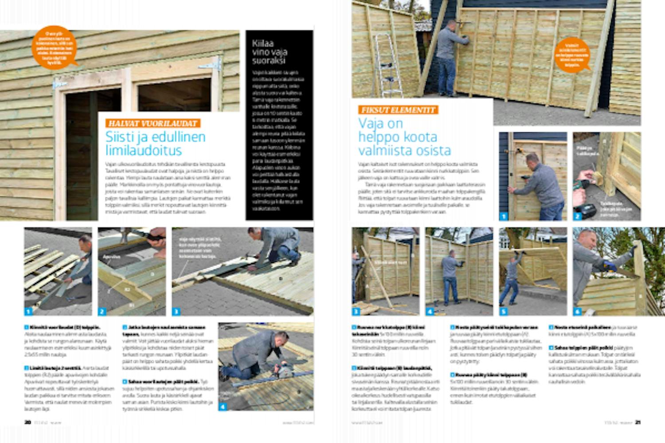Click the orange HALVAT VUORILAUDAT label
click(x=153, y=124)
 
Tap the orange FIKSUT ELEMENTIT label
click(x=398, y=110)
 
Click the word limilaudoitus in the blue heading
click(x=144, y=151)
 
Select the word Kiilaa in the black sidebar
click(x=263, y=43)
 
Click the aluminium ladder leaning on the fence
click(x=383, y=62)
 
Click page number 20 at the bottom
click(x=27, y=422)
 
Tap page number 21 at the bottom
click(x=638, y=422)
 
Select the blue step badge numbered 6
click(x=577, y=311)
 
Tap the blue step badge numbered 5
click(x=504, y=311)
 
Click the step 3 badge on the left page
click(x=176, y=311)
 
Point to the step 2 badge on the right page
click(x=577, y=217)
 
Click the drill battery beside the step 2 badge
click(x=588, y=211)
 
